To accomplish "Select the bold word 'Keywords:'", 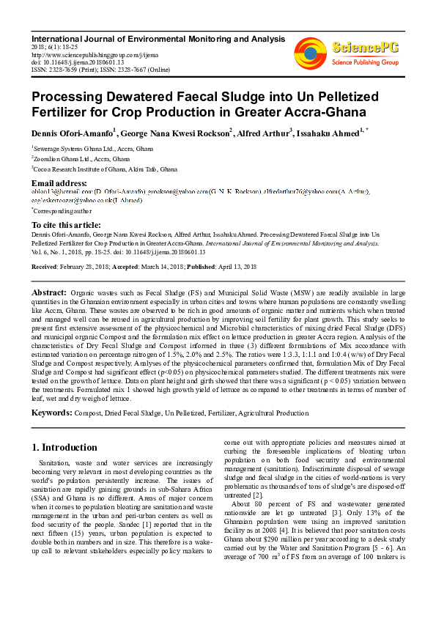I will tap(51, 413).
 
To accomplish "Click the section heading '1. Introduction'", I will tap(66, 447).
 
